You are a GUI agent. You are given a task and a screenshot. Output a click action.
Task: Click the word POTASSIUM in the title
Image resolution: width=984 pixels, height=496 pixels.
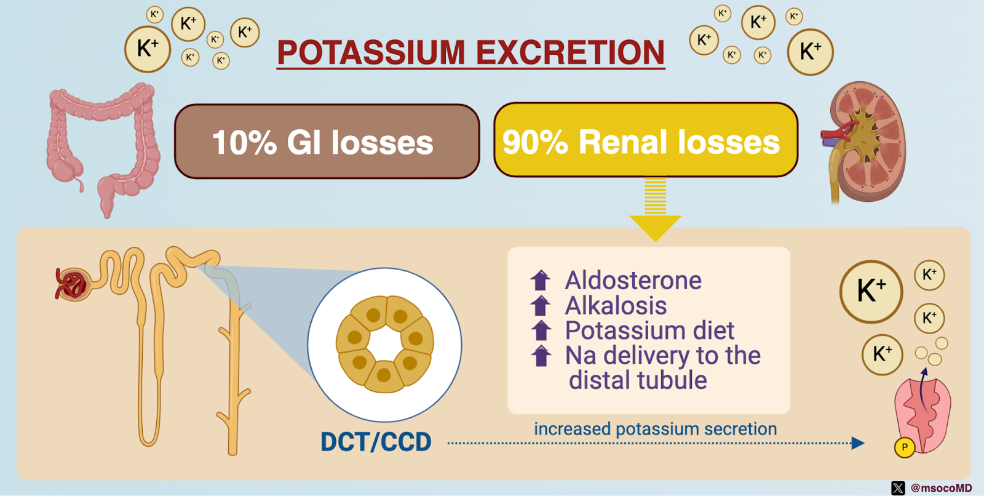point(371,52)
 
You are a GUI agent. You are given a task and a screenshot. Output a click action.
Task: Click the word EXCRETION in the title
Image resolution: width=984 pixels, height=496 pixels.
point(570,52)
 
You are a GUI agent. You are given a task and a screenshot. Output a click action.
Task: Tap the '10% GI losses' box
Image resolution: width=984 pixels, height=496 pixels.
point(327,142)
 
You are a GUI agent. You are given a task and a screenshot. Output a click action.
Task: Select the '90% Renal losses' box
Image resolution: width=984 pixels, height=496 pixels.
point(646,140)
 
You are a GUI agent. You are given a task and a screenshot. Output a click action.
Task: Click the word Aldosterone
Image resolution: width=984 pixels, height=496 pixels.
point(633,280)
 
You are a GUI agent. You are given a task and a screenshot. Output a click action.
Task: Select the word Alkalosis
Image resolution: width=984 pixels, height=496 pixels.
point(616,305)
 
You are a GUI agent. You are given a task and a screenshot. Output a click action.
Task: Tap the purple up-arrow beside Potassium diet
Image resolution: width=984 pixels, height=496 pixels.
point(541,330)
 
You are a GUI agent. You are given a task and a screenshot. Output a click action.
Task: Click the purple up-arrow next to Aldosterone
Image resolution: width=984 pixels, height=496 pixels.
point(541,280)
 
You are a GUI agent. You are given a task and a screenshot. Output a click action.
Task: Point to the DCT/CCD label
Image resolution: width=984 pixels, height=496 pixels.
point(376,441)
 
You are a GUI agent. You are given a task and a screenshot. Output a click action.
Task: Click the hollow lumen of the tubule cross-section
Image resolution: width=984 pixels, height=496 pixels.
point(385,344)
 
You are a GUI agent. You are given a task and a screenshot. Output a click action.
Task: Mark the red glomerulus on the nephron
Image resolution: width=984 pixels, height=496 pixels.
point(71,284)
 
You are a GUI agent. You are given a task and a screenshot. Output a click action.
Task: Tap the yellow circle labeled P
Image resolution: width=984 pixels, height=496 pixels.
point(905,447)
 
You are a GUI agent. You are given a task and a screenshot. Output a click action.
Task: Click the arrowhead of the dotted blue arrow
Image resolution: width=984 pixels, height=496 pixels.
point(858,443)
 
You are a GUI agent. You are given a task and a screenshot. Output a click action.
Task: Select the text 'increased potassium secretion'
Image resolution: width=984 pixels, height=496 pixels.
point(656,429)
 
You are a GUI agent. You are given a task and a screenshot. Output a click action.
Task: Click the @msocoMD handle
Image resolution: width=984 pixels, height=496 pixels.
point(941,487)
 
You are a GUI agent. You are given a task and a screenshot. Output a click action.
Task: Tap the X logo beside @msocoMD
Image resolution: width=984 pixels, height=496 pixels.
point(898,487)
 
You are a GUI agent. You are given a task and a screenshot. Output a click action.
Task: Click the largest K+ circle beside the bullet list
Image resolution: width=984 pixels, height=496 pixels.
point(871,292)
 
